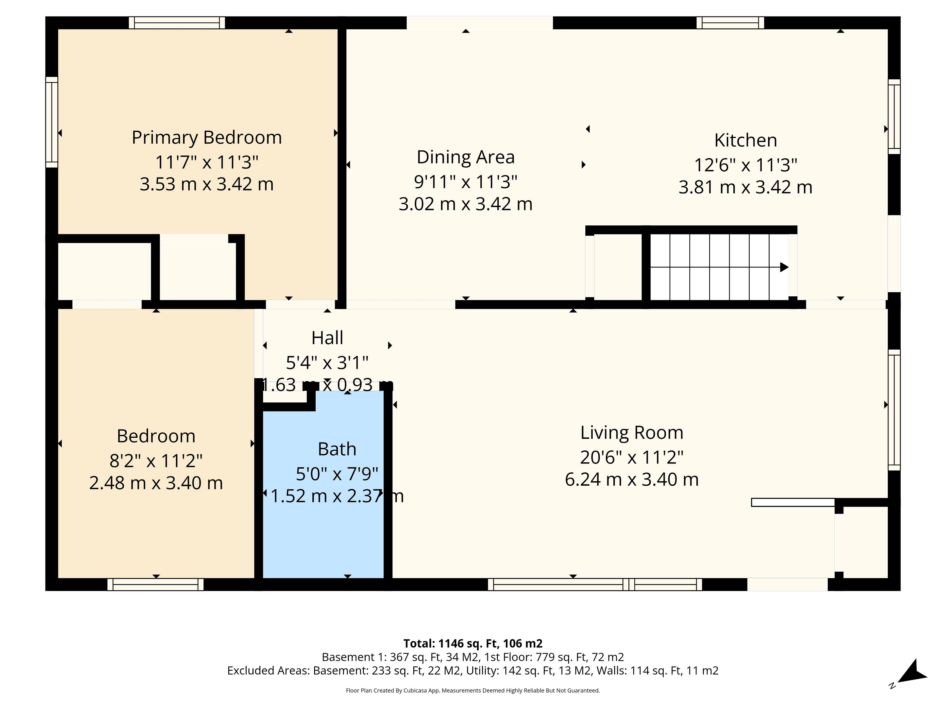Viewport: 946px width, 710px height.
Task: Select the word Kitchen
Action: [745, 140]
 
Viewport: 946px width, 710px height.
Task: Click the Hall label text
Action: [327, 338]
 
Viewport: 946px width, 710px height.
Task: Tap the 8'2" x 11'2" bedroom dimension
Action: [156, 461]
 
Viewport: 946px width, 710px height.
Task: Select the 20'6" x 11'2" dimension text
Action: [632, 458]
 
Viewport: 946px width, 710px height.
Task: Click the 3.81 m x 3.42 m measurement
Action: [745, 187]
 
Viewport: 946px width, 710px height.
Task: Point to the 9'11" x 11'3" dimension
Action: [466, 182]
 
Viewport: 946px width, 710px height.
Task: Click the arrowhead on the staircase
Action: [784, 267]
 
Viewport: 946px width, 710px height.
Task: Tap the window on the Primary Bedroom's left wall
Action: [52, 122]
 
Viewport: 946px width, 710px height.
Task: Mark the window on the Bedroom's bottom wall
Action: [156, 585]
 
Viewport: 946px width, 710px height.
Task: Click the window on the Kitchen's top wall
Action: [730, 23]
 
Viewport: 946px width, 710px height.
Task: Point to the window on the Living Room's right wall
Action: [894, 410]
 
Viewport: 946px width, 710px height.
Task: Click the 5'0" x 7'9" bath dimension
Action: [337, 474]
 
